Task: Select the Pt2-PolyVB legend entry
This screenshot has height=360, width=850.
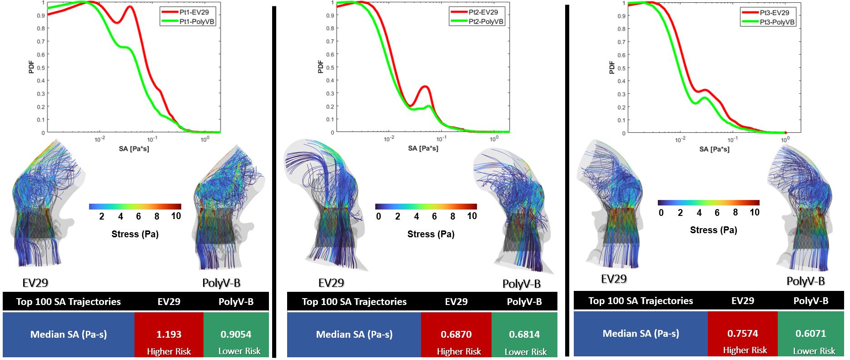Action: (486, 21)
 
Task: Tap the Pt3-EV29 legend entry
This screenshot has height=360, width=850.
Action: (774, 13)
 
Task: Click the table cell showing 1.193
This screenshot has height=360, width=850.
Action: (169, 335)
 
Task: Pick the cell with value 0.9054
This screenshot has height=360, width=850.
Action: (236, 335)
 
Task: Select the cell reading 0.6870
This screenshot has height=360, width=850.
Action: (456, 335)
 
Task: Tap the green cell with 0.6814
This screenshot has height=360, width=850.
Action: (524, 335)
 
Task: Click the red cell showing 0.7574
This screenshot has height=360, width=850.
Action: (742, 334)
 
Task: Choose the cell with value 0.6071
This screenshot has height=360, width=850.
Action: (810, 334)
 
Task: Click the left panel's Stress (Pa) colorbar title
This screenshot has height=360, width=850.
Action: (135, 234)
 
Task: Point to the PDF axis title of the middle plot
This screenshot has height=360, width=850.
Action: (321, 67)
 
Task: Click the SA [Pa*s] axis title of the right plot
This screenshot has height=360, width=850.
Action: (714, 149)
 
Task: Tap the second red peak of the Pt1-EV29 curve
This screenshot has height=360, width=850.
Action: (130, 7)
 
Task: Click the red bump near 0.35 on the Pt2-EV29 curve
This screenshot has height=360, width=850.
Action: (425, 86)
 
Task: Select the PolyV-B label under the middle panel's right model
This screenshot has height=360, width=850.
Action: (522, 284)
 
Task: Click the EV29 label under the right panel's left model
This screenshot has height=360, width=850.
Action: (614, 279)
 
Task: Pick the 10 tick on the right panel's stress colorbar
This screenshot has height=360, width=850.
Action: (754, 213)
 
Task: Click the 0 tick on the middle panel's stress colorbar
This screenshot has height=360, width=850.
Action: (378, 216)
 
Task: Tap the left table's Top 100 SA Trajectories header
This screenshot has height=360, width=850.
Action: (69, 302)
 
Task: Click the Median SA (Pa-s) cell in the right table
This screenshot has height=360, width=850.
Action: (641, 334)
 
